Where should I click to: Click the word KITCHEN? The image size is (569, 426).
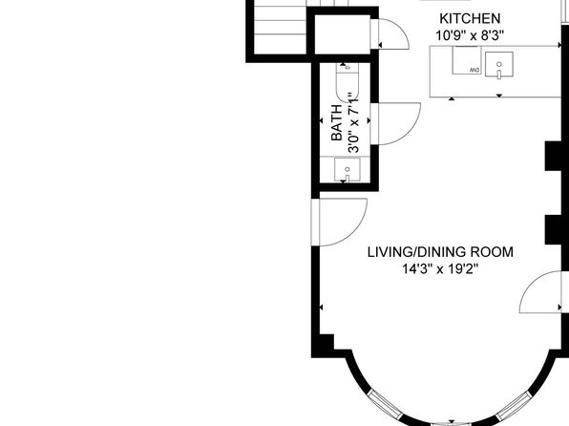click(x=470, y=18)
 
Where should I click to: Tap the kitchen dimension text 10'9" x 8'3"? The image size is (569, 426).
click(x=470, y=35)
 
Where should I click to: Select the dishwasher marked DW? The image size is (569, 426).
click(x=466, y=60)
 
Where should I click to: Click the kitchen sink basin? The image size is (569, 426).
click(x=499, y=65)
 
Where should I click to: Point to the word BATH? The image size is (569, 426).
click(x=337, y=122)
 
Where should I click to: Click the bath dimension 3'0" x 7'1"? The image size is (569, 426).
click(x=353, y=122)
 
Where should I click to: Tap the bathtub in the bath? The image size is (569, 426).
click(x=347, y=82)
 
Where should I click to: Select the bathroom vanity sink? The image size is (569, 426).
click(x=348, y=169)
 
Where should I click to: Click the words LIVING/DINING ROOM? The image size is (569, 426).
click(x=440, y=252)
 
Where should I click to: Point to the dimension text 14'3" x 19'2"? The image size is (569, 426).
click(x=440, y=269)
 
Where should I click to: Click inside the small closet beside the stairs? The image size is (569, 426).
click(x=342, y=34)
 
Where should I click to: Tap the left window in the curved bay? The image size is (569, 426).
click(x=385, y=405)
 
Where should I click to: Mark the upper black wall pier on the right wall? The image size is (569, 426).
click(x=556, y=156)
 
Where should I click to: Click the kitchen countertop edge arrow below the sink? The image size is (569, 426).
click(x=499, y=96)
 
